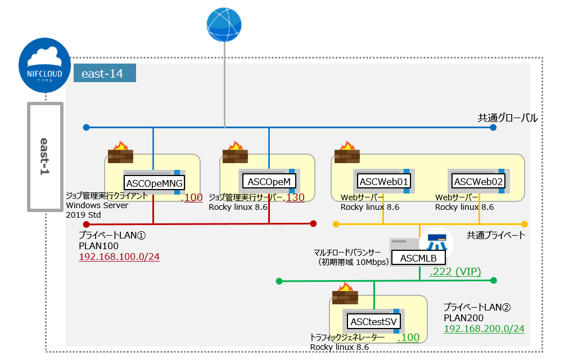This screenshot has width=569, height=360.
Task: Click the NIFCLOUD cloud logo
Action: [x=44, y=67]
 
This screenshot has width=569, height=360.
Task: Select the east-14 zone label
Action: [x=104, y=73]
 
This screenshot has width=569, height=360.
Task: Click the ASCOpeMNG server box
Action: [x=154, y=182]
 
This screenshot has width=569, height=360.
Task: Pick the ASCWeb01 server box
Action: [x=383, y=181]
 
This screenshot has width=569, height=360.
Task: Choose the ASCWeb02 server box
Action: [x=478, y=181]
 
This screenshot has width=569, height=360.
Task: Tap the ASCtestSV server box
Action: [x=374, y=322]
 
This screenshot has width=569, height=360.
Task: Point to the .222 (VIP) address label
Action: [x=455, y=272]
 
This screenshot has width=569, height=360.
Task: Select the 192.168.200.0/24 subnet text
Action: [x=484, y=328]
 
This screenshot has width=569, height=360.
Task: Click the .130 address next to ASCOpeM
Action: [x=296, y=197]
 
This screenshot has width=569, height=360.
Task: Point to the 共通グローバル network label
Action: [x=507, y=118]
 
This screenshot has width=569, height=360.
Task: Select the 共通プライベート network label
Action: [x=496, y=235]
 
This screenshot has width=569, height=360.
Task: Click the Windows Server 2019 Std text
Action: [x=97, y=210]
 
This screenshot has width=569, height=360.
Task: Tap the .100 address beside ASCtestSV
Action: [x=409, y=338]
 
